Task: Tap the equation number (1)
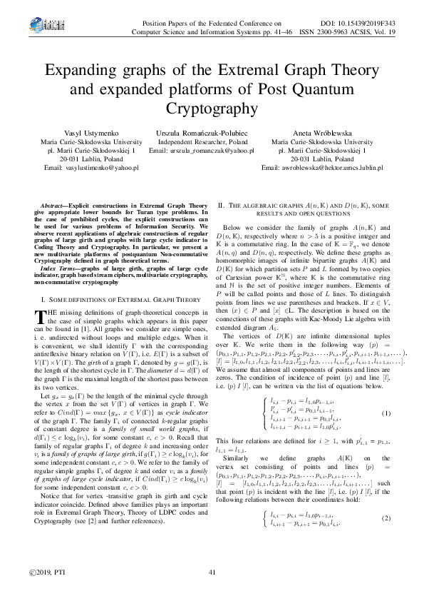(x=386, y=413)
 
